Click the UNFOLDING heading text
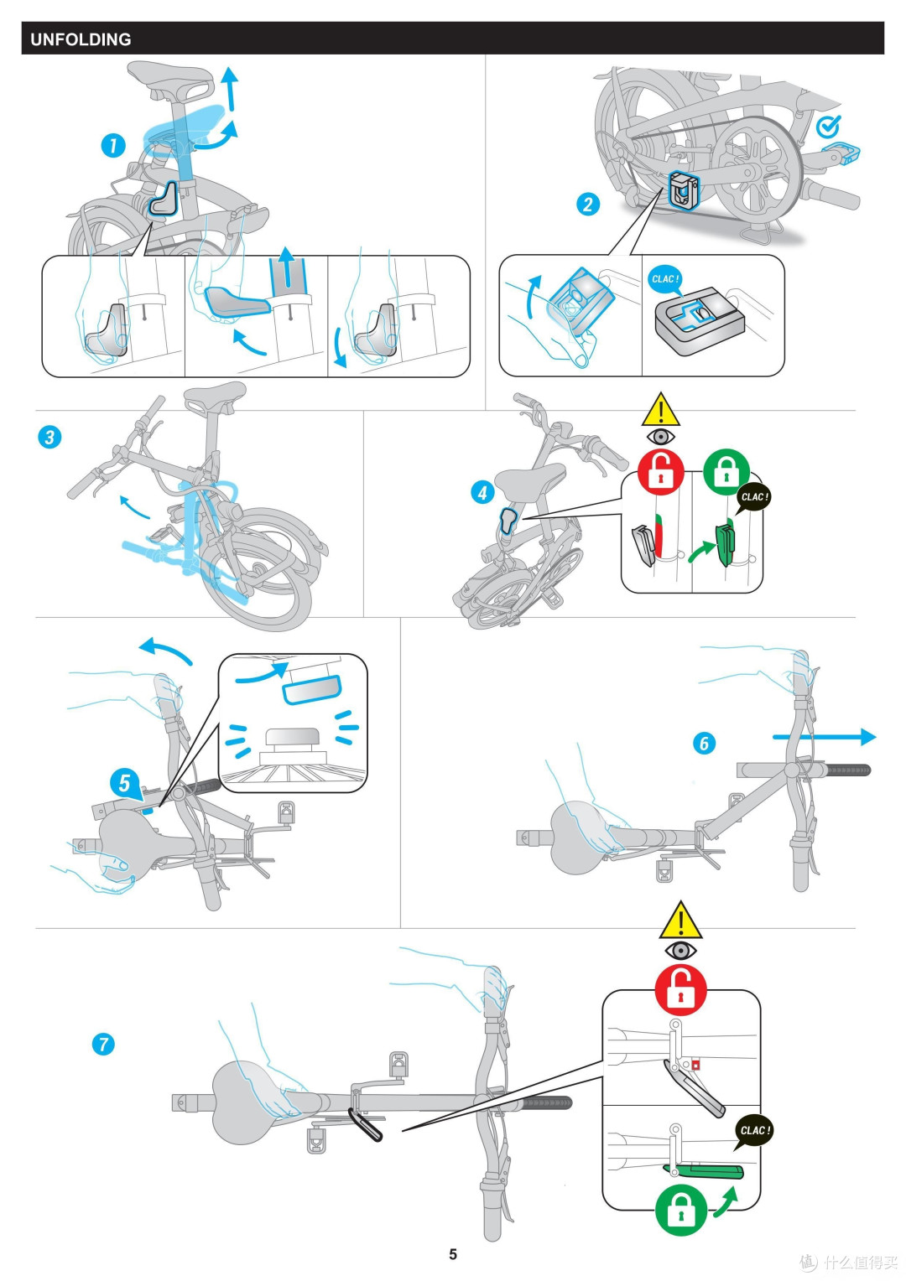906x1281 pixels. point(81,39)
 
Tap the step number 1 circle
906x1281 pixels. point(113,145)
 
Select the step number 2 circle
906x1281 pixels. point(588,204)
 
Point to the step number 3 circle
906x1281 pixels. point(49,437)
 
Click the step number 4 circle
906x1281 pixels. point(482,492)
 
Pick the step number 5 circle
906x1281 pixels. point(124,783)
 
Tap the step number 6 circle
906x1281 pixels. point(704,743)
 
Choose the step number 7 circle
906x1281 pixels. point(103,1044)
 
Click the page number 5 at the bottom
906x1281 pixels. point(453,1254)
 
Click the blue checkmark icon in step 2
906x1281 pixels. point(828,127)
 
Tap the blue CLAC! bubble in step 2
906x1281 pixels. point(664,279)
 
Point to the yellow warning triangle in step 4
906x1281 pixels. point(661,411)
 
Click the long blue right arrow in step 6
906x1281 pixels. point(823,737)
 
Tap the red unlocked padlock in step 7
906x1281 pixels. point(680,990)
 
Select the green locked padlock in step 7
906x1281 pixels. point(680,1210)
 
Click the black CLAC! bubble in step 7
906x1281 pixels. point(753,1130)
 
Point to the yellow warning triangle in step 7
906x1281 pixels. point(680,921)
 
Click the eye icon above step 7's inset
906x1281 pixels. point(680,951)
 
